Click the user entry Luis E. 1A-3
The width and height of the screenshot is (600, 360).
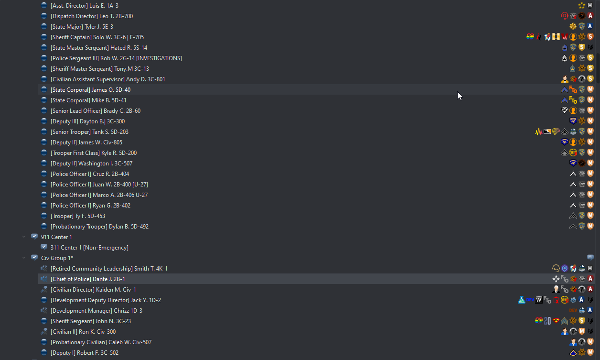coord(84,6)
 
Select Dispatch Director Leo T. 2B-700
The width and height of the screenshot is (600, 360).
coord(91,16)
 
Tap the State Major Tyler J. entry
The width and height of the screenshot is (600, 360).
coord(82,27)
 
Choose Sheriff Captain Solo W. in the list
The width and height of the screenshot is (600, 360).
coord(97,37)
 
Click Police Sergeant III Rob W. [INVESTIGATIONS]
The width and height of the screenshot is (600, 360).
coord(116,58)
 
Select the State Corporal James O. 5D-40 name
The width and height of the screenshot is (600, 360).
coord(90,90)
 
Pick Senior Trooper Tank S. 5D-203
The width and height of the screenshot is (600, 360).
coord(89,132)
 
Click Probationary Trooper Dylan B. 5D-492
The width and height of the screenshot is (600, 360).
coord(99,227)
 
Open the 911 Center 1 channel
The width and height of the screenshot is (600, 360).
coord(56,237)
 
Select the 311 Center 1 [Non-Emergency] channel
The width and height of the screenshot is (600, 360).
coord(89,248)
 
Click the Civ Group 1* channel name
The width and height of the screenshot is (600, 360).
coord(57,258)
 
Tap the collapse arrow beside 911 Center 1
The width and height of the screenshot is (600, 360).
coord(24,237)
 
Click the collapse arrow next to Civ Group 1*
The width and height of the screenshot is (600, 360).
coord(24,258)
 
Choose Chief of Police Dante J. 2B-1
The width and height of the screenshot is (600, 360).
coord(87,279)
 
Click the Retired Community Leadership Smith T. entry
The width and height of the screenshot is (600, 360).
coord(109,269)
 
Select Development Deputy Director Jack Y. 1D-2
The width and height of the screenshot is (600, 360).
coord(106,300)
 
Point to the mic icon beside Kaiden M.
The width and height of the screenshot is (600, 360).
coord(44,290)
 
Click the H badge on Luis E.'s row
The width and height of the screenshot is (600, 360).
coord(590,6)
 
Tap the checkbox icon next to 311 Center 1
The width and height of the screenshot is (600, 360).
coord(44,248)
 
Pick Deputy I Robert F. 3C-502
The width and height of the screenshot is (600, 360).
coord(85,353)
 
